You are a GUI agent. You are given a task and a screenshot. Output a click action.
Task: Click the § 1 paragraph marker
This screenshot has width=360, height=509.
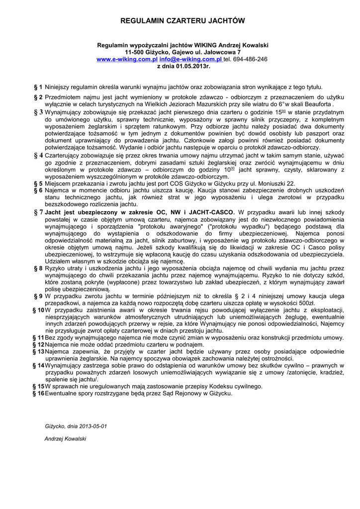37,86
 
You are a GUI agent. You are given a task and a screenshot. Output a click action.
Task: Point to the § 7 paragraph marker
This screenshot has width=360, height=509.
37,212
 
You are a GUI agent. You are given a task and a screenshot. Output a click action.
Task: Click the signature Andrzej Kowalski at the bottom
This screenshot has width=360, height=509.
66,439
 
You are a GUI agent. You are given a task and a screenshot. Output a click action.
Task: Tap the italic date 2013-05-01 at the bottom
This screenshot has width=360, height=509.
93,426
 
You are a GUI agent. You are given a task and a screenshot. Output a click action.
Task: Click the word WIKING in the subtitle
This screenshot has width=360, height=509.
204,45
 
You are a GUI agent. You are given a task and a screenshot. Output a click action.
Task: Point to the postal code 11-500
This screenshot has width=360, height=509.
135,52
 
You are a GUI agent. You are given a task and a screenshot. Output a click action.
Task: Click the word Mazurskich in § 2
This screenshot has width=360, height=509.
207,105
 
